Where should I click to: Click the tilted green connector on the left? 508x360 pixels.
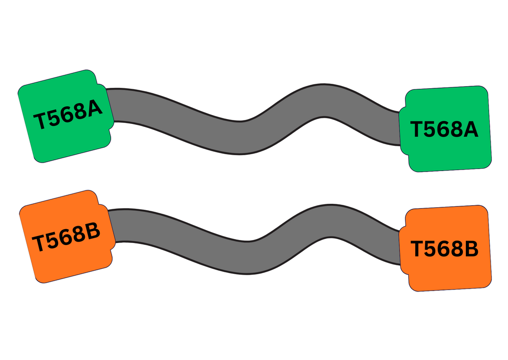[66, 116]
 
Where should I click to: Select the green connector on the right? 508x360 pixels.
[445, 129]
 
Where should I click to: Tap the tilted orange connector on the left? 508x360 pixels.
[67, 237]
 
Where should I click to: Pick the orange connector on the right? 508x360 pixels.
[445, 248]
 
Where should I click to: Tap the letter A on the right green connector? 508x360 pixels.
[468, 129]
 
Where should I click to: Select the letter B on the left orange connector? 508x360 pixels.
[91, 230]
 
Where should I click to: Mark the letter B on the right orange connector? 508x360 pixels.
[469, 248]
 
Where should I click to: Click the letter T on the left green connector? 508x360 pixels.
[40, 121]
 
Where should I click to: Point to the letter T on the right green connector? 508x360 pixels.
[418, 129]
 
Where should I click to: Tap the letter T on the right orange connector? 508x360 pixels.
[418, 249]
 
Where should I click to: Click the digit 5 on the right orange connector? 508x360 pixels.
[432, 249]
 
